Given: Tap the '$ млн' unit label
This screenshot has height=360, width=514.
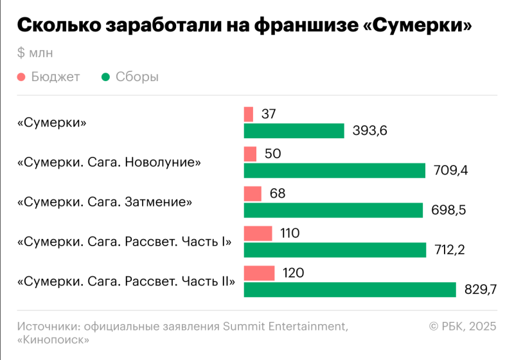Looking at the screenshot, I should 35,52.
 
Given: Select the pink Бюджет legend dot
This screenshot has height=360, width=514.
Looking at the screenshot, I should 22,77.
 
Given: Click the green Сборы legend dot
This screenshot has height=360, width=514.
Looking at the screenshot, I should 106,77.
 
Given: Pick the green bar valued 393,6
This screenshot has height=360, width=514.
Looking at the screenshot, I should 294,131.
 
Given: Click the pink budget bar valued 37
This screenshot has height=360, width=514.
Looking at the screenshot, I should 249,114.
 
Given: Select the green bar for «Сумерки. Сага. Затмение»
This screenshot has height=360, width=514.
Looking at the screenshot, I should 333,210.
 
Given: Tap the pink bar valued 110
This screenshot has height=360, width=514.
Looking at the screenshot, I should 258,233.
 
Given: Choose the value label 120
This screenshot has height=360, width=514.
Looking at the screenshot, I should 293,273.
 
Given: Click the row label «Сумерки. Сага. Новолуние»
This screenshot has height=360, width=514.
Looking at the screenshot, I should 109,162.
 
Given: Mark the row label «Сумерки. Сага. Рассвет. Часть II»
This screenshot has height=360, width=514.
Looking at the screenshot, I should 126,281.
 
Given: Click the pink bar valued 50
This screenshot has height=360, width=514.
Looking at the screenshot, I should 250,154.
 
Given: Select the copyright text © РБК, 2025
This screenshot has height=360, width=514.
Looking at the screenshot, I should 463,327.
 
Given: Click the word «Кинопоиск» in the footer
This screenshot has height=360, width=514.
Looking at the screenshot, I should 53,341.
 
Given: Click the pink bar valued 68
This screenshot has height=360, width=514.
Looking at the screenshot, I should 253,194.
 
